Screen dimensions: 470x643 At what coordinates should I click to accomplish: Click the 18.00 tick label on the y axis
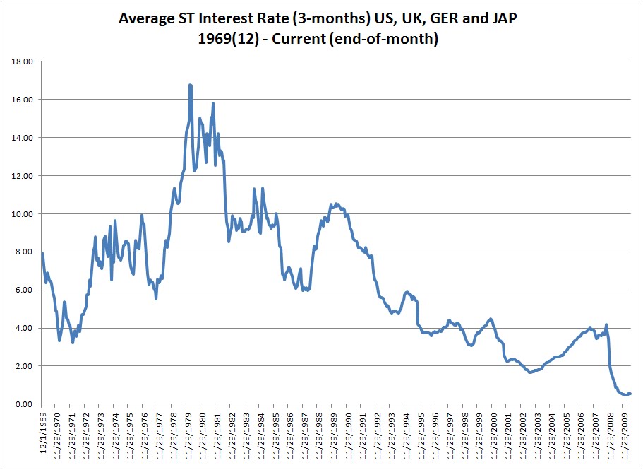coord(23,61)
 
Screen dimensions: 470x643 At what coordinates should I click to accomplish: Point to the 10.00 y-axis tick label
coord(23,214)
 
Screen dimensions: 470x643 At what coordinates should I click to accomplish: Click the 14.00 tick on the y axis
coord(23,138)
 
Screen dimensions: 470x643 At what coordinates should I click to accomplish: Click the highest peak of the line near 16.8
coord(190,85)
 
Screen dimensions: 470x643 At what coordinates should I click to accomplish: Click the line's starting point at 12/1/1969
coord(42,253)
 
